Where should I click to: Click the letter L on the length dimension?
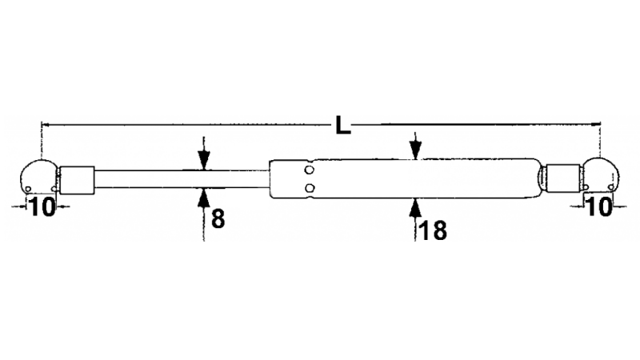coord(343,126)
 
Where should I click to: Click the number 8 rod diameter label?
coord(218,218)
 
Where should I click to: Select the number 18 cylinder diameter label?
coord(433,230)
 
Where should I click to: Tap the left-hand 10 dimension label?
coord(42,206)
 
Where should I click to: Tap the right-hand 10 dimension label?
coord(598,206)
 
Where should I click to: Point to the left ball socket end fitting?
coord(39,176)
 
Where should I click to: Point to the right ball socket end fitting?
coord(600,174)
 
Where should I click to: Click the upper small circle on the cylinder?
coord(310,170)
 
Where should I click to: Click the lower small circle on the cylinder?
coord(310,188)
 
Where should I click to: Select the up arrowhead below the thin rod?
coord(204,198)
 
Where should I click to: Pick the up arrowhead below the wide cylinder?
coord(415,207)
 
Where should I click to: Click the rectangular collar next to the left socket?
coord(77,180)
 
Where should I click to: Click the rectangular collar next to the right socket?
coord(563,178)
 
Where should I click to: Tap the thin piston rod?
coord(182,179)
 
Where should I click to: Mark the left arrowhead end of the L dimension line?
coord(42,124)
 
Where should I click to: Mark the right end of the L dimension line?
coord(600,123)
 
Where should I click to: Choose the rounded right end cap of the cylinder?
coord(538,178)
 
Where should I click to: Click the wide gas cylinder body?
coord(404,178)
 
